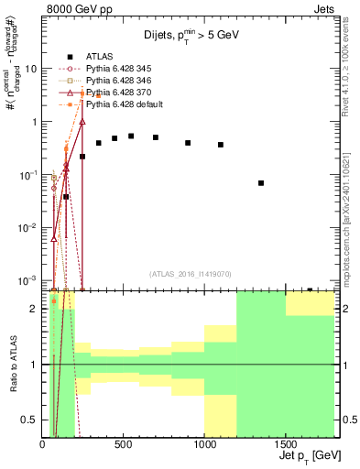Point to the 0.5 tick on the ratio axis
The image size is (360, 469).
(31, 420)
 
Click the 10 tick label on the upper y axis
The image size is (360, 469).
(31, 69)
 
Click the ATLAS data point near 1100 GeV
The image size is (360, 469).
(221, 145)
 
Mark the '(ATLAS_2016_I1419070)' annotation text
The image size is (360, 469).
(190, 274)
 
